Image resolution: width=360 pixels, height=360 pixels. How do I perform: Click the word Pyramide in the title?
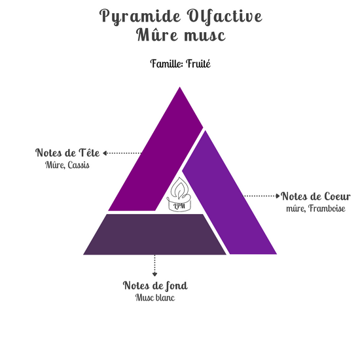tap(140, 16)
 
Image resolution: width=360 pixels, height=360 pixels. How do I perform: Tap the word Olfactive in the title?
tap(225, 16)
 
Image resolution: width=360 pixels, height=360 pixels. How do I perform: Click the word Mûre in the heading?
tap(157, 35)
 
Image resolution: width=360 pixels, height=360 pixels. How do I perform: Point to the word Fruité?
tap(198, 63)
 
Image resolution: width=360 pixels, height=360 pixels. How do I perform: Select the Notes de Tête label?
tap(67, 153)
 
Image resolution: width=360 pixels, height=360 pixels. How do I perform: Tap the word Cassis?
tap(79, 165)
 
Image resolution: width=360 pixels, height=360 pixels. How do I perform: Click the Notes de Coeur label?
tap(316, 196)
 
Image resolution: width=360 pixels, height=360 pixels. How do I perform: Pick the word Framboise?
tap(327, 208)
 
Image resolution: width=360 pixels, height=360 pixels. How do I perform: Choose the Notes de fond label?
tap(155, 286)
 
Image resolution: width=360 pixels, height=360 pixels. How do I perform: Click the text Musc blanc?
tap(155, 298)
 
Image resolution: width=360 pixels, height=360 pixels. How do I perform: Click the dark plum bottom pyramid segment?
tap(154, 234)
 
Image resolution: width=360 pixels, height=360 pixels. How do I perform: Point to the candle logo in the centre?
tap(179, 194)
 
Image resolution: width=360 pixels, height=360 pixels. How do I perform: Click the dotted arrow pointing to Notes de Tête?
tap(122, 153)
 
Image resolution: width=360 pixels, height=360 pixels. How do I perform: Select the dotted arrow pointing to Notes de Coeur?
tap(262, 196)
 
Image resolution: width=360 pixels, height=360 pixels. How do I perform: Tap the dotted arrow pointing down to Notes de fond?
tap(154, 265)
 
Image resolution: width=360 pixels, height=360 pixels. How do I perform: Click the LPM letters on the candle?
tap(179, 206)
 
